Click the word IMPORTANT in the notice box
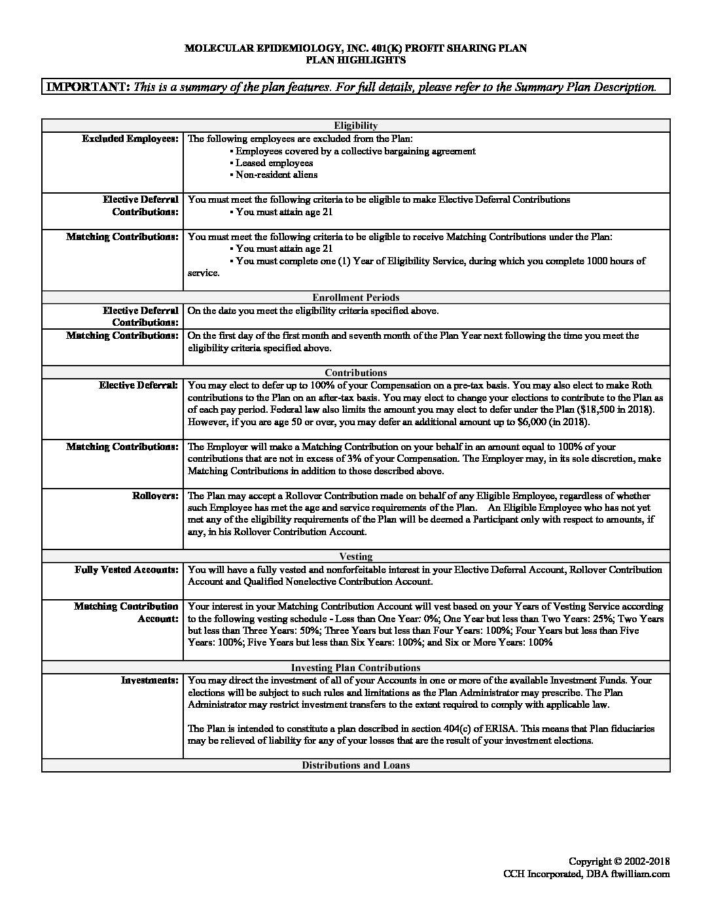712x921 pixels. coord(88,87)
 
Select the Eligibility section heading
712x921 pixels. coord(355,126)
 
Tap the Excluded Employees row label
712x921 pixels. coord(130,139)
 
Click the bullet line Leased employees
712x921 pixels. coord(274,163)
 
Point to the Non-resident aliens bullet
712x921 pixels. coord(276,175)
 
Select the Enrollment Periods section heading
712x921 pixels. coord(355,298)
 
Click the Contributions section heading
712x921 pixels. coord(355,373)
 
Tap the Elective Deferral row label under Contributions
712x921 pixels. coord(138,385)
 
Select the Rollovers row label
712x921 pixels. coord(155,496)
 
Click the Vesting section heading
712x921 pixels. coord(355,557)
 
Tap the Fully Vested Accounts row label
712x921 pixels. coord(126,570)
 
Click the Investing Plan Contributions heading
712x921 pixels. coord(355,668)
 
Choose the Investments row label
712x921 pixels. coord(149,680)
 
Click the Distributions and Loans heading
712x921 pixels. coord(355,765)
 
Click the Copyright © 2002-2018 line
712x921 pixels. coord(619,861)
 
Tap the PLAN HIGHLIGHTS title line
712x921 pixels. coord(355,60)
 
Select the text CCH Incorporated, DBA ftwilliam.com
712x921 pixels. coord(586,874)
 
